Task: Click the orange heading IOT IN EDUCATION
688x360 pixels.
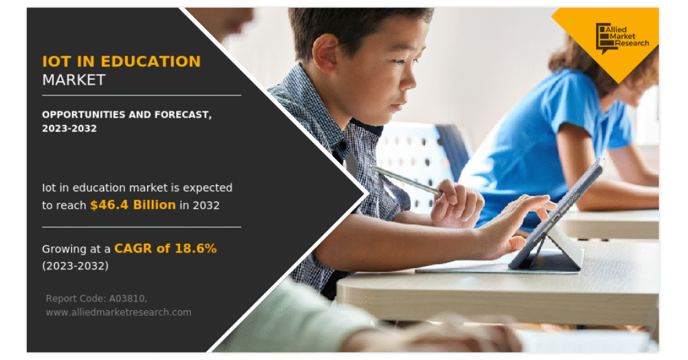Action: (121, 61)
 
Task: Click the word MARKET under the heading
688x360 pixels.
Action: (74, 79)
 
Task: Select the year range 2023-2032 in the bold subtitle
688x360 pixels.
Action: (69, 128)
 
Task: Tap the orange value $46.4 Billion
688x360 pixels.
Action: (133, 205)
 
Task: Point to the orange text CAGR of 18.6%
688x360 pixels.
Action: (165, 249)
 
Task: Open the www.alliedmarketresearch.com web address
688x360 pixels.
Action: (118, 312)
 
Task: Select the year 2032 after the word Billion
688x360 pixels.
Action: (207, 205)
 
